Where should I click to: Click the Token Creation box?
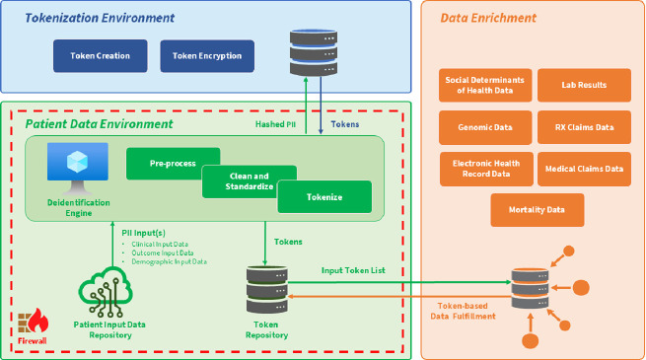point(101,56)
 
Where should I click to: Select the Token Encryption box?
point(207,56)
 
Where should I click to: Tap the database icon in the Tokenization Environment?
point(314,52)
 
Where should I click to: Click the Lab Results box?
point(584,85)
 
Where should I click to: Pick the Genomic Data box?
point(485,127)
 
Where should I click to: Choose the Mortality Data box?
point(538,210)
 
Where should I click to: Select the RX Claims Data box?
point(584,127)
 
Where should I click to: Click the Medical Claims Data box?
point(584,169)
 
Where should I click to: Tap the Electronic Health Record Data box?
point(486,169)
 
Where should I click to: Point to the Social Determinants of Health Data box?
point(485,85)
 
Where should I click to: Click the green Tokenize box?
point(324,197)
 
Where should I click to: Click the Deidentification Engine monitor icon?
point(78,168)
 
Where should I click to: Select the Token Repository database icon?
point(267,290)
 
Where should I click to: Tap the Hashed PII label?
point(275,124)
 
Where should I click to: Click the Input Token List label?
point(353,270)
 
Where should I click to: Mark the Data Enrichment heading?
point(488,18)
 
